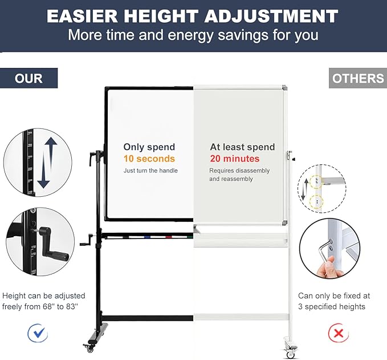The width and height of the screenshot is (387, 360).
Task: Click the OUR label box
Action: pos(28,78)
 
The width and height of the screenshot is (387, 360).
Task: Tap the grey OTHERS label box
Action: pos(358,78)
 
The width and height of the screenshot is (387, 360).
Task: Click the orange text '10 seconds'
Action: pos(149,159)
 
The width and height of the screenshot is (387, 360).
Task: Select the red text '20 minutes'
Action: pos(234,159)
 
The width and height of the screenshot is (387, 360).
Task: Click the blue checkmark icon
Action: pos(38,332)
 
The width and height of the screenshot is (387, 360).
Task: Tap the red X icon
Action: pos(339,332)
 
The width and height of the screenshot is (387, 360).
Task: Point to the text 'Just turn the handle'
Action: pos(150,171)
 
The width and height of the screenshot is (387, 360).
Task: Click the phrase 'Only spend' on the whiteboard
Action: pos(149,147)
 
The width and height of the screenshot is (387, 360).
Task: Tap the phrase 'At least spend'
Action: pos(242,147)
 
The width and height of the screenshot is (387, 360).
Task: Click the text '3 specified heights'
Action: pos(332,306)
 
